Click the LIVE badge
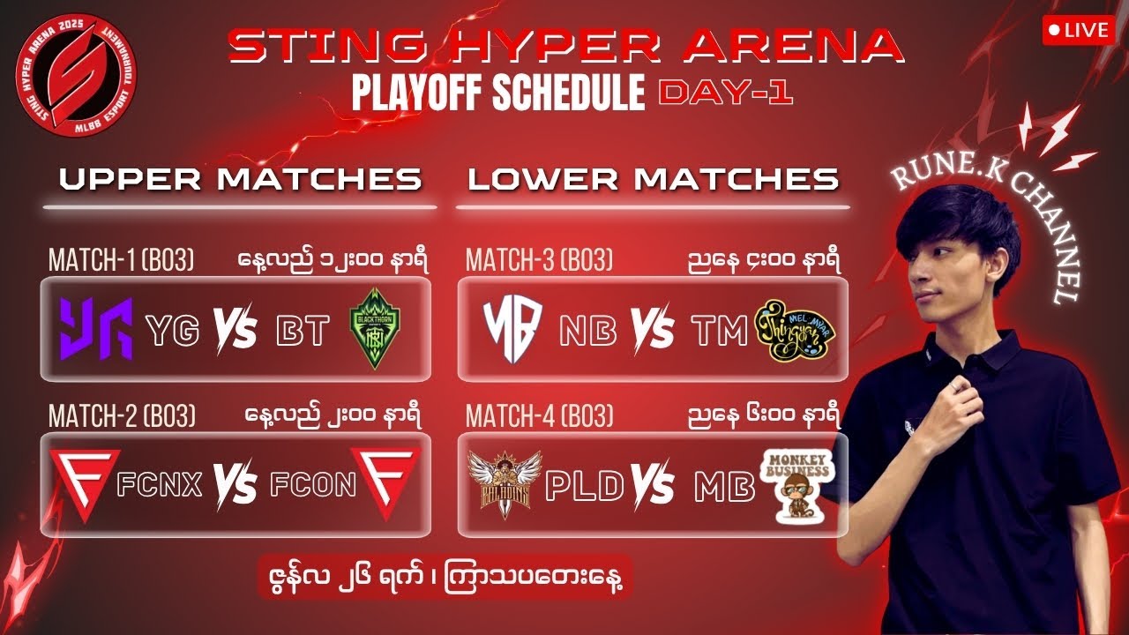click(1076, 30)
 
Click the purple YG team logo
click(96, 330)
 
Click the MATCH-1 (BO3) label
click(122, 260)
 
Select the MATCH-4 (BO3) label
click(539, 415)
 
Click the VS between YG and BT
click(236, 332)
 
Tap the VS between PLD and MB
click(654, 486)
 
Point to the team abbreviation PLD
click(585, 486)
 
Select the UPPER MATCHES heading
click(240, 179)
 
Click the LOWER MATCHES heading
click(653, 179)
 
